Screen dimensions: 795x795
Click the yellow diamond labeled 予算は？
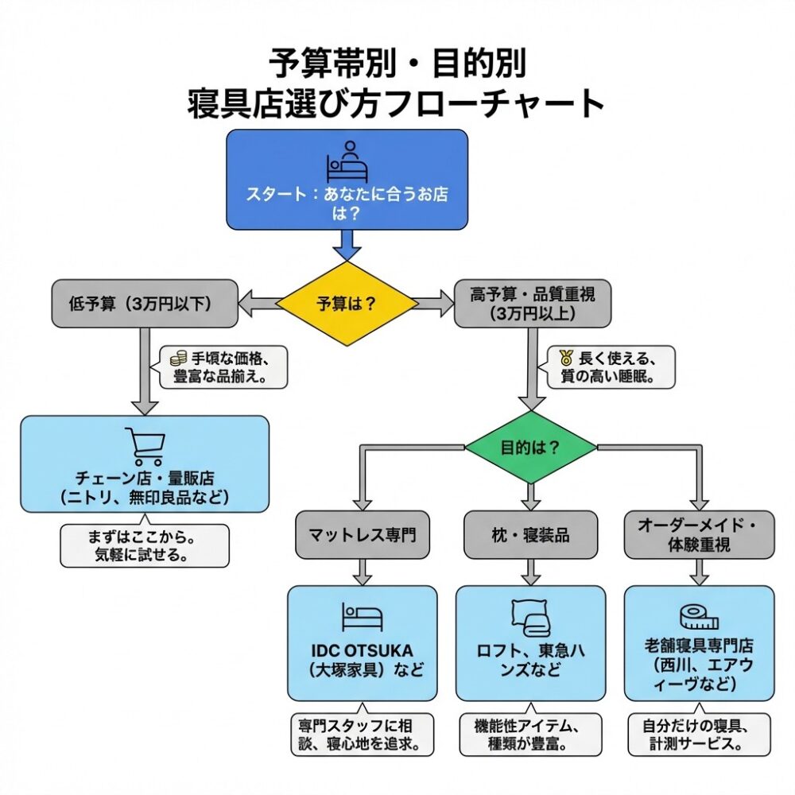[x=347, y=304]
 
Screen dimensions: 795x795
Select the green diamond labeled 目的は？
[x=530, y=447]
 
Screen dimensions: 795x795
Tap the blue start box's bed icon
[x=347, y=162]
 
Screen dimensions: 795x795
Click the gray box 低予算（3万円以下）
[x=144, y=303]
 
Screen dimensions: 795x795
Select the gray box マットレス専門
[x=362, y=535]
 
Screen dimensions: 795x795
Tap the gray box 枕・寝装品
[x=530, y=535]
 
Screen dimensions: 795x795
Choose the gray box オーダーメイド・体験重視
[x=698, y=534]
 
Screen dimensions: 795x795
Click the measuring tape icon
[x=699, y=617]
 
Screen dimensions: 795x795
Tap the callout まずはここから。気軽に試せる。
[x=145, y=545]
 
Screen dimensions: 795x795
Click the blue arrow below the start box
[x=347, y=245]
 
